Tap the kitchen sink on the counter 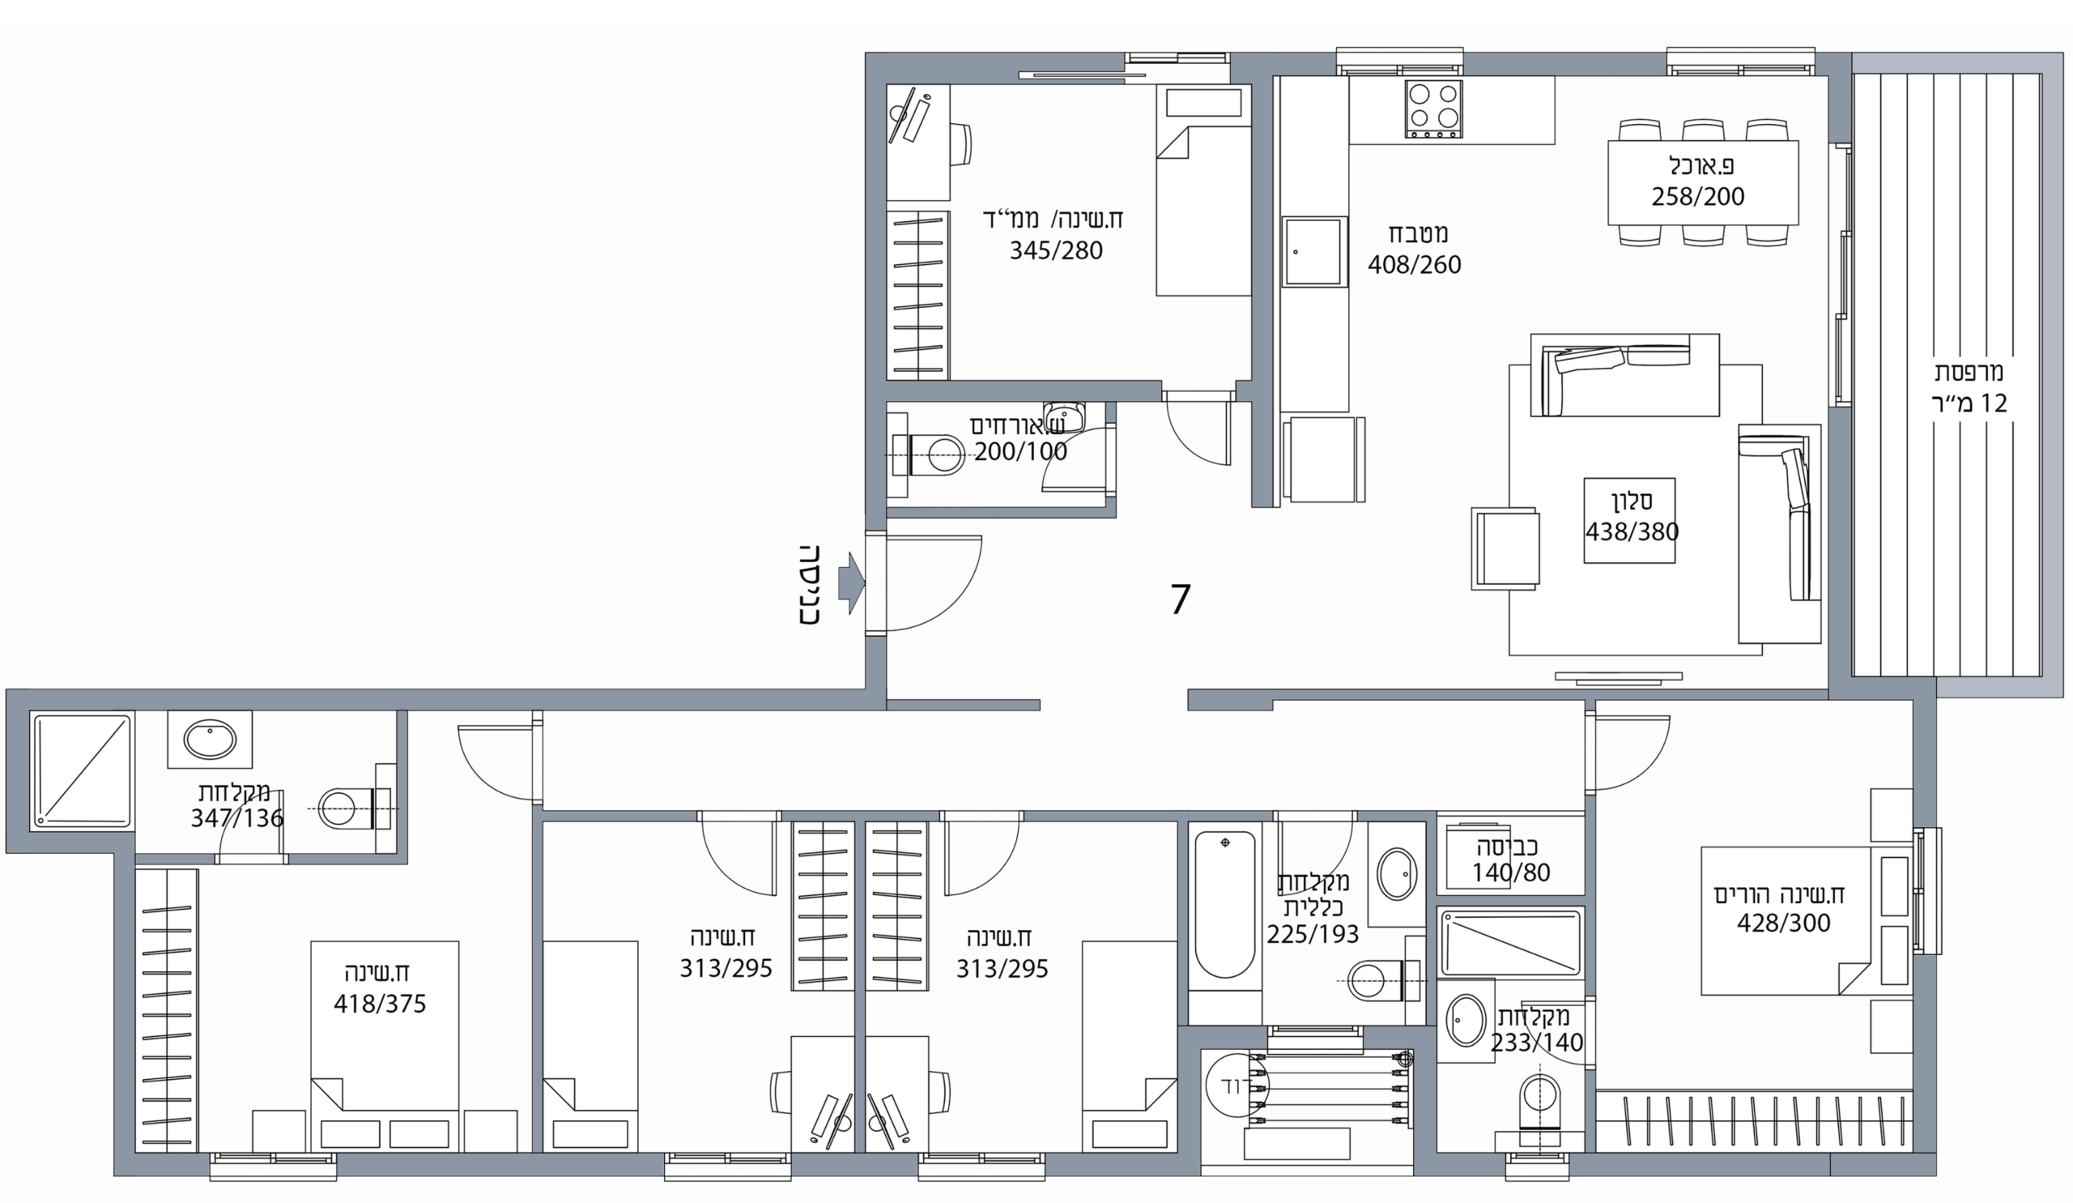[1314, 252]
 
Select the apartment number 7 [1181, 599]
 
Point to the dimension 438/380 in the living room [1632, 531]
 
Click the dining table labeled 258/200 [1703, 182]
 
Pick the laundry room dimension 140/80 [1510, 872]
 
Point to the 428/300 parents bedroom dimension [1783, 923]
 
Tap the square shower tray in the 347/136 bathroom [83, 771]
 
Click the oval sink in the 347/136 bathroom [210, 740]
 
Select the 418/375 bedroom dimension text [380, 1004]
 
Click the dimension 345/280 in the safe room [1056, 250]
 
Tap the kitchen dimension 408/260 [1414, 265]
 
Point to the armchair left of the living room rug [1505, 548]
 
